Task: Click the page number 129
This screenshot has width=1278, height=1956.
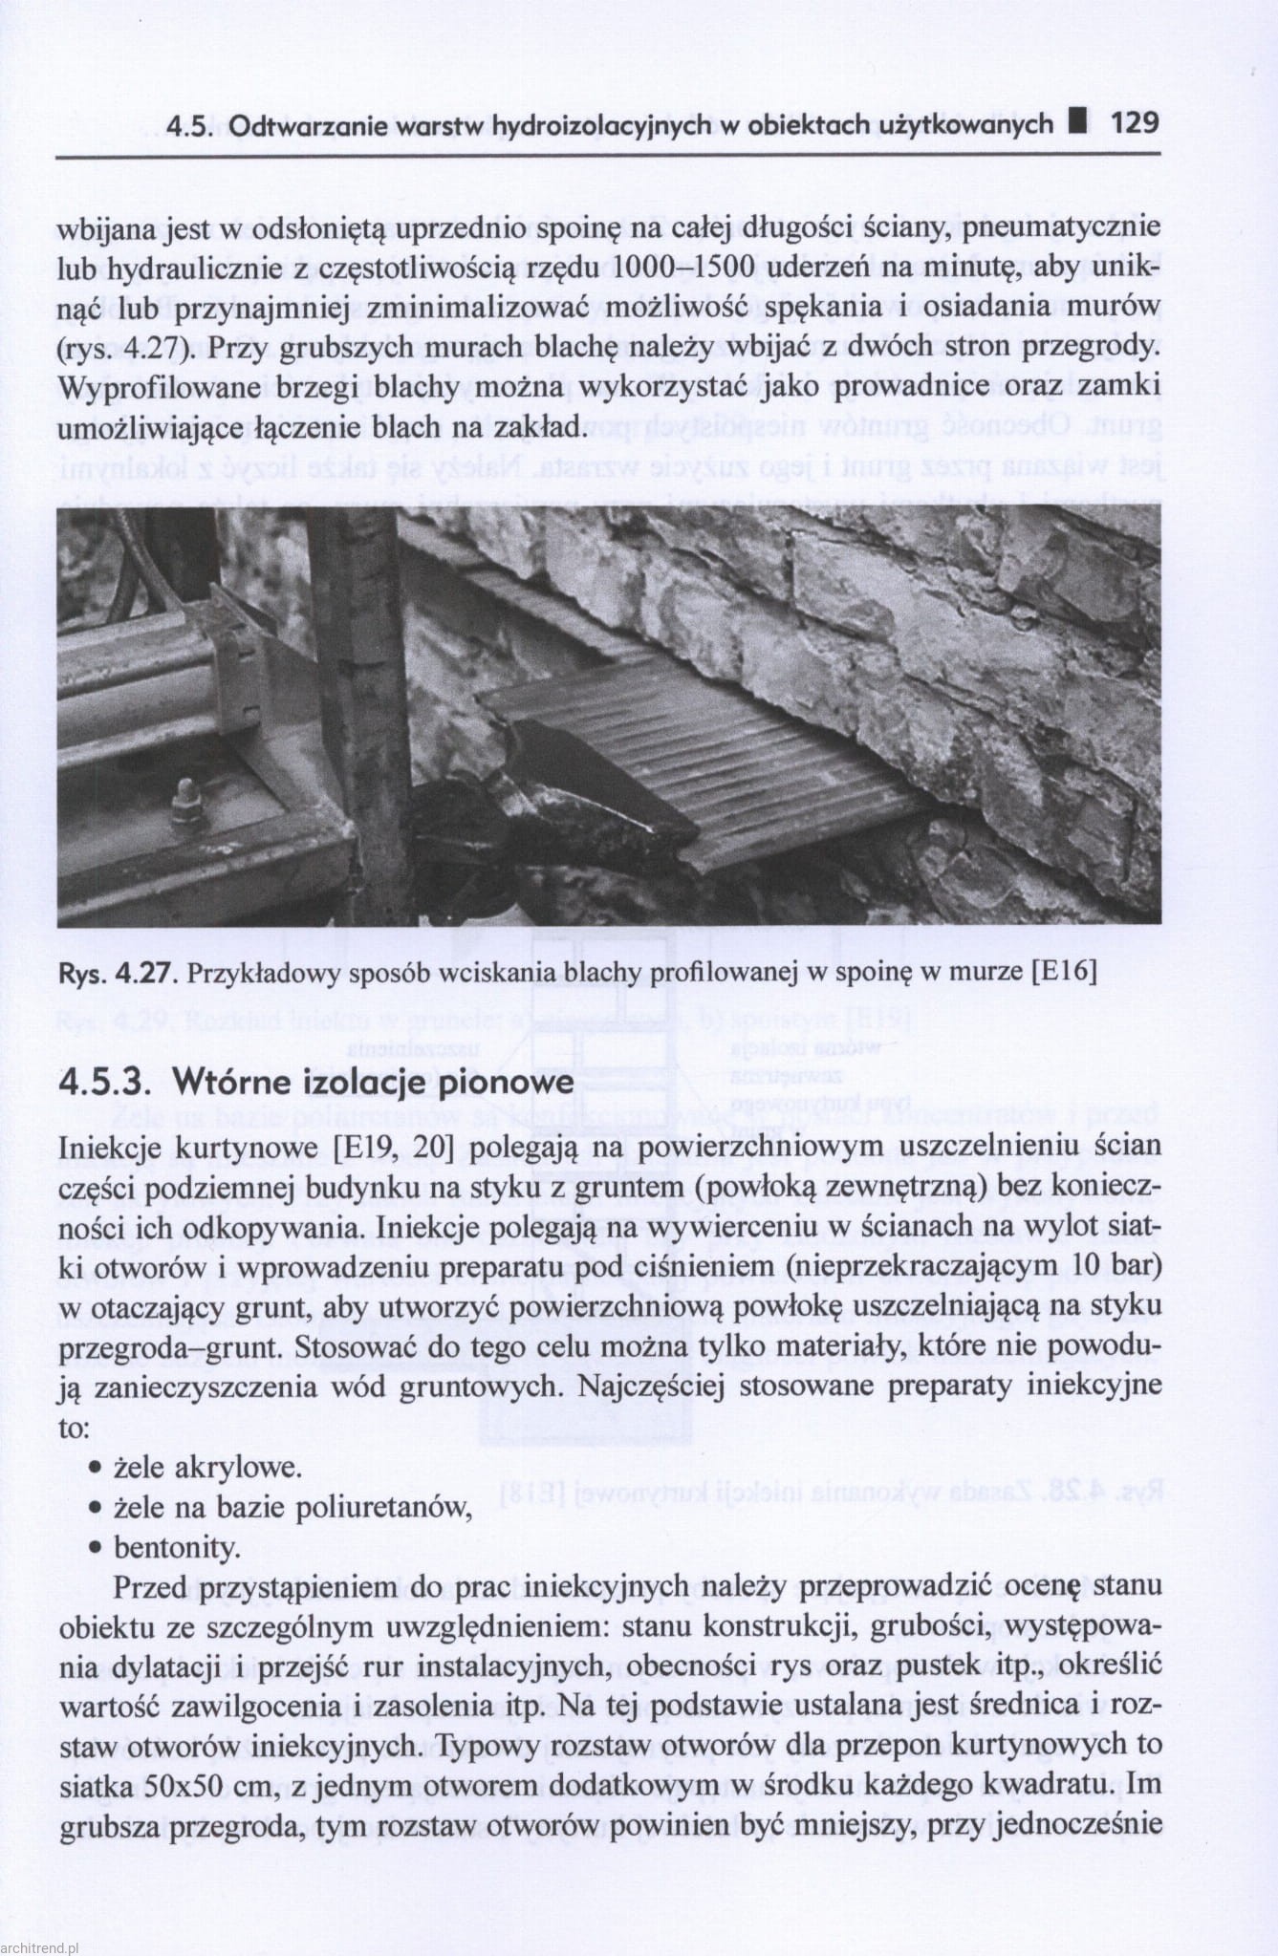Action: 1135,123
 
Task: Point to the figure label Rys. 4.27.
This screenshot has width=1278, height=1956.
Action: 118,973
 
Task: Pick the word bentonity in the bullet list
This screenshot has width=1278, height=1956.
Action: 177,1547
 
